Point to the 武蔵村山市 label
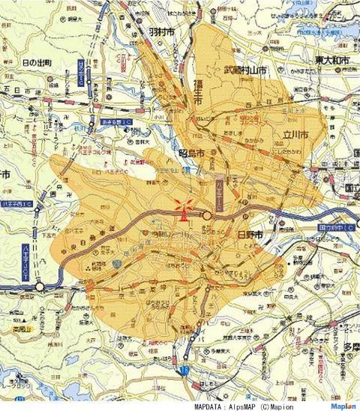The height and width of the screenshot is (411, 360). point(246,70)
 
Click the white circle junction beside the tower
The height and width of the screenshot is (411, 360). point(207,216)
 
